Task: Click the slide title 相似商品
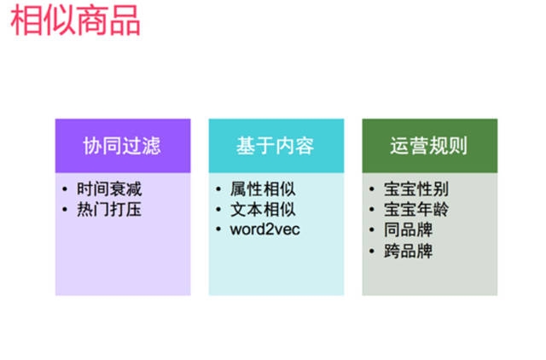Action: [x=76, y=20]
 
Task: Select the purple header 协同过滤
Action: [x=122, y=146]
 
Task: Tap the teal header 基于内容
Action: [x=276, y=146]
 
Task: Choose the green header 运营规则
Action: [x=429, y=146]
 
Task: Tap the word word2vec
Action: [x=265, y=229]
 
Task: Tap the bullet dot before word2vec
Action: [x=219, y=229]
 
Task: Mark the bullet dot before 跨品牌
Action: [x=373, y=251]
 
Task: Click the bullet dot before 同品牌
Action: [x=373, y=229]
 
